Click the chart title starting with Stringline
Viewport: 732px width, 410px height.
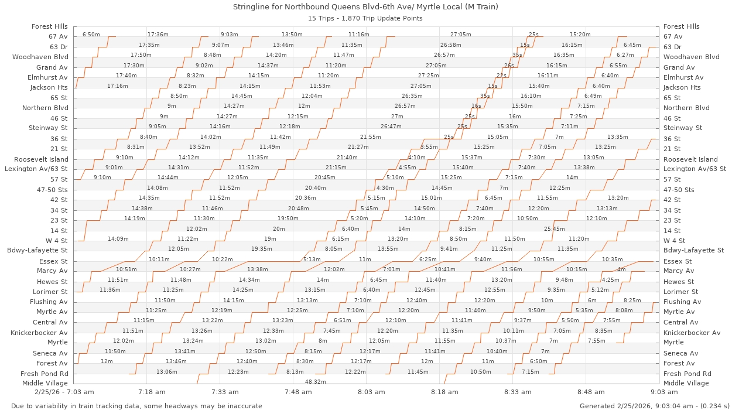[x=366, y=7]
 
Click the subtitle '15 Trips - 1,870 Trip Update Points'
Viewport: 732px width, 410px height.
[x=366, y=18]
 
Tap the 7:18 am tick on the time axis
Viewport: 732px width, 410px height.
[x=152, y=392]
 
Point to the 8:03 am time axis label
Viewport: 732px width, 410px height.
[x=371, y=392]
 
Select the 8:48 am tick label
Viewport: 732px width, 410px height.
[x=591, y=392]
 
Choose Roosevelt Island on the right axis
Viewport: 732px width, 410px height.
[x=690, y=159]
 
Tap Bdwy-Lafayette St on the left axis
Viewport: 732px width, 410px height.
[x=37, y=250]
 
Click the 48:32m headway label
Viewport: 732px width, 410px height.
[x=316, y=381]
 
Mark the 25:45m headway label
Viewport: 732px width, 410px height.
[x=554, y=229]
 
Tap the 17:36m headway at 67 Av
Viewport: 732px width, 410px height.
[x=158, y=35]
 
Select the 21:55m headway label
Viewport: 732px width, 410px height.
[x=370, y=137]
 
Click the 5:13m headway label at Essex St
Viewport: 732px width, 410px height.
[x=312, y=259]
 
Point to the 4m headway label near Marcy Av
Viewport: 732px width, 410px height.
[x=621, y=269]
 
